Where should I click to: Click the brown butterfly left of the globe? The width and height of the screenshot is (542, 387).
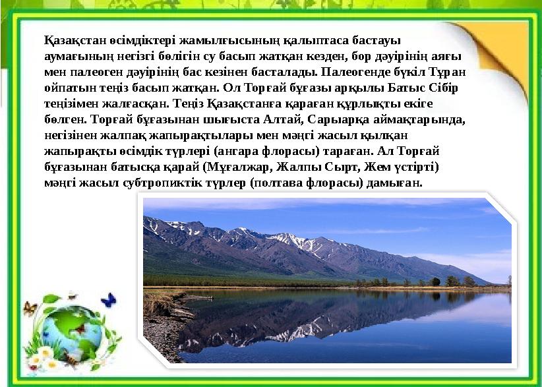[x=30, y=308]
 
